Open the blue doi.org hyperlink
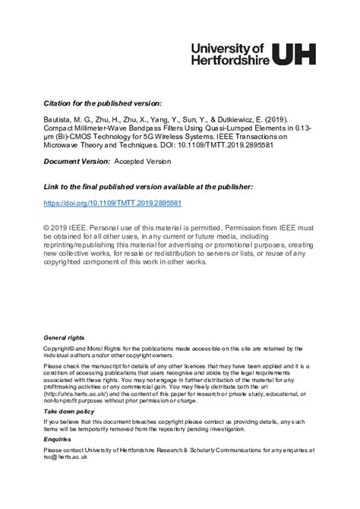tap(112, 204)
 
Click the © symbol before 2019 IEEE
tap(47, 227)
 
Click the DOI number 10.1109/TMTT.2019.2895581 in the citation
tap(229, 145)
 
